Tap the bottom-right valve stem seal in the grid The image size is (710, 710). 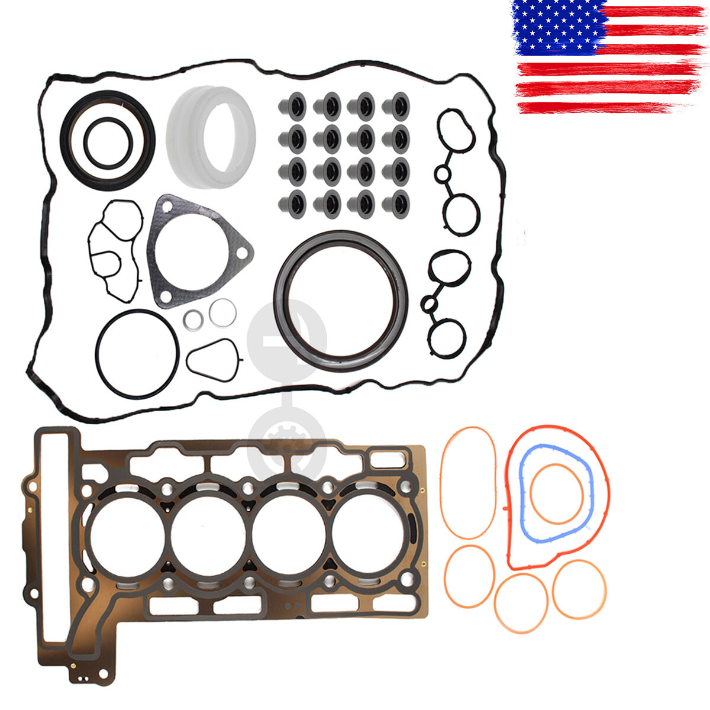(x=395, y=203)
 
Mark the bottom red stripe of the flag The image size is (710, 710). (x=603, y=108)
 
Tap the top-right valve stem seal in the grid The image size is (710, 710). (x=395, y=106)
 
